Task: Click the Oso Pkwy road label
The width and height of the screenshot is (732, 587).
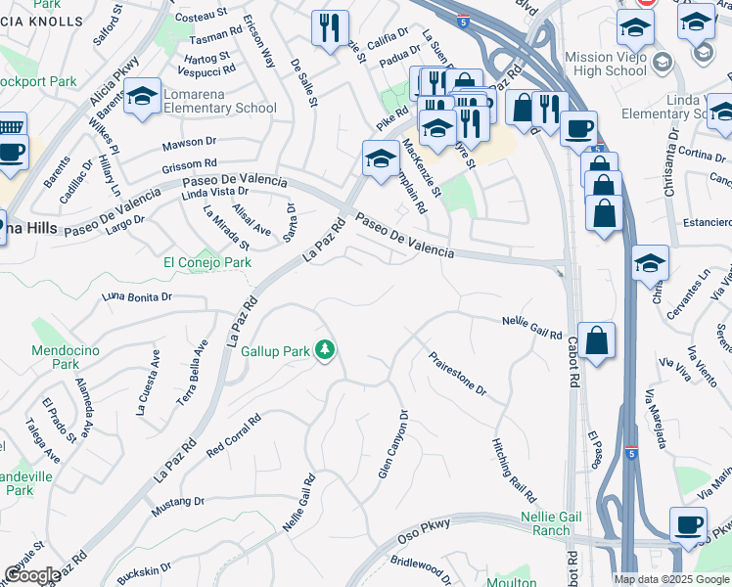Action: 423,530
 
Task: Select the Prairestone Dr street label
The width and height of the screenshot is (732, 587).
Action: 457,375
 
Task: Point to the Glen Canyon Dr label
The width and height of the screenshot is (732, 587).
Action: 391,445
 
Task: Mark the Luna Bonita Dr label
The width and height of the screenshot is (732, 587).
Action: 138,295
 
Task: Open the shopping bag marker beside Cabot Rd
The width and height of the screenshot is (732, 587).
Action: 596,340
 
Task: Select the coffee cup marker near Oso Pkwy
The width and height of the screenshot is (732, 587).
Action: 688,523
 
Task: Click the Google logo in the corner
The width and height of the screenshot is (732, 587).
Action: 31,575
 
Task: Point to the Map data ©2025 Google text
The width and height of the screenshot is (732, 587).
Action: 670,579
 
